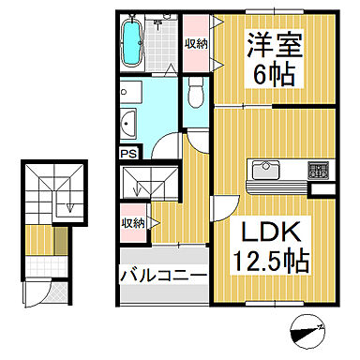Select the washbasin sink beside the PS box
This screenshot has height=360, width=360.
pos(130,122)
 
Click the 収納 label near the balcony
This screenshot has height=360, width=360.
pos(131,223)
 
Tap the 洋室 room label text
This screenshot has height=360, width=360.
pos(273,42)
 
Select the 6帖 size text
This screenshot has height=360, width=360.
pos(273,74)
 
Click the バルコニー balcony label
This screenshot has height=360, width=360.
pos(162,277)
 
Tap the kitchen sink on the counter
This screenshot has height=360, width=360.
pos(262,172)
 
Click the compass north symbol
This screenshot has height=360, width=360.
pos(307,330)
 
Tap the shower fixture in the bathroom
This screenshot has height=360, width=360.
pos(160,23)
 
